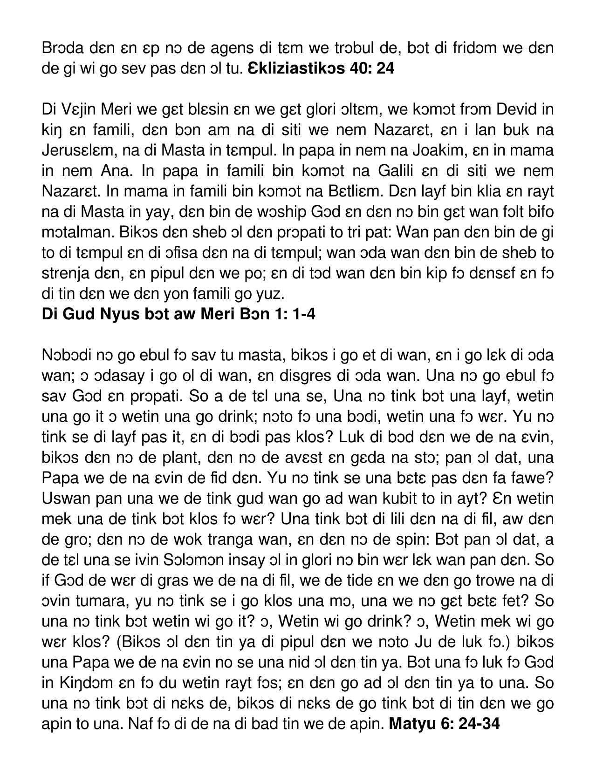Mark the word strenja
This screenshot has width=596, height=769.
coord(68,273)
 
